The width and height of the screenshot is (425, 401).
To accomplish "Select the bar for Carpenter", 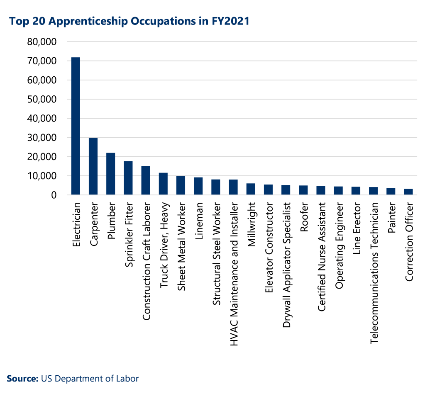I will coord(93,166).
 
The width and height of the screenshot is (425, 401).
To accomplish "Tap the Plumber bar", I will coord(111,174).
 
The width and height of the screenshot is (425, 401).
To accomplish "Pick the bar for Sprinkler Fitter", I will coord(128,178).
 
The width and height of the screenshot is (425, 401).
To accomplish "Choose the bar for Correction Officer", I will coord(408,192).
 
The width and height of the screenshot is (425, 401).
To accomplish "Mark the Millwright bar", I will coord(251,189).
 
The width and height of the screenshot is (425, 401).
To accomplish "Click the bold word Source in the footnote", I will coord(21,378).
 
